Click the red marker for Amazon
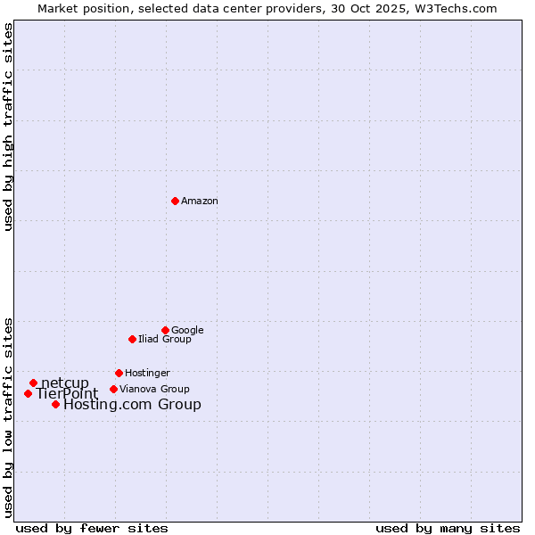(175, 201)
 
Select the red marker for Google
(165, 330)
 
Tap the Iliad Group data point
(132, 339)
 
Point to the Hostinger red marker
(119, 373)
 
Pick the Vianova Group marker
(113, 389)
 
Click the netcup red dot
(33, 383)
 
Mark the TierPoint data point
(28, 393)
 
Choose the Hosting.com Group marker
(55, 404)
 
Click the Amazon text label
(200, 202)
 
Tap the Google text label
(187, 331)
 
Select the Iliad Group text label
(165, 340)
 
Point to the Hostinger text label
(147, 374)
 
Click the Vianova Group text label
(154, 390)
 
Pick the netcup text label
(65, 383)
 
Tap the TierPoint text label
(67, 394)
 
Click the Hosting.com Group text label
(132, 405)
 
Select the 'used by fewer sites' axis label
(92, 528)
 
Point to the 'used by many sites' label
(448, 528)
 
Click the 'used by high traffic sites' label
(9, 127)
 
